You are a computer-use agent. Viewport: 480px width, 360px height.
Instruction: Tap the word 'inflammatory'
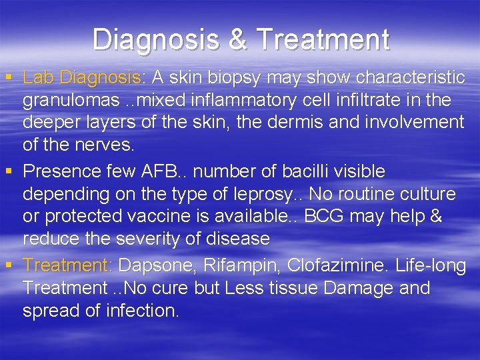coord(235,101)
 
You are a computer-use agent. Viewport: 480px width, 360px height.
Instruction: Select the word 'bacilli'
coord(301,171)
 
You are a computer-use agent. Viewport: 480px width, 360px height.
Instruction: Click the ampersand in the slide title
coord(239,40)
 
